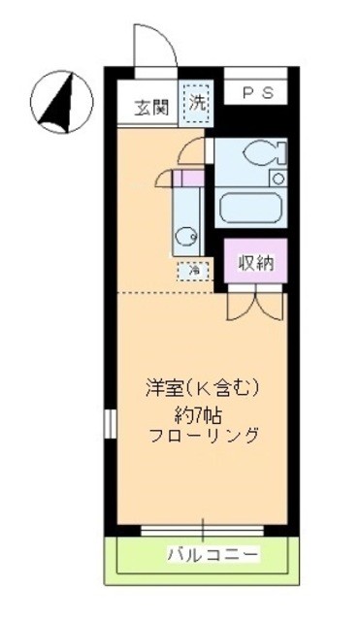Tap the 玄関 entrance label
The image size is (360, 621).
(151, 107)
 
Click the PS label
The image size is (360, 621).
(256, 93)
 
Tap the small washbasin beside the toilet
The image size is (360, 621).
(278, 179)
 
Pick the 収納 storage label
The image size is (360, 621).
(257, 261)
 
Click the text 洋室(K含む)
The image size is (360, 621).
(203, 386)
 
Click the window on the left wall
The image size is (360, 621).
(110, 423)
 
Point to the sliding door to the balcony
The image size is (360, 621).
(204, 531)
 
